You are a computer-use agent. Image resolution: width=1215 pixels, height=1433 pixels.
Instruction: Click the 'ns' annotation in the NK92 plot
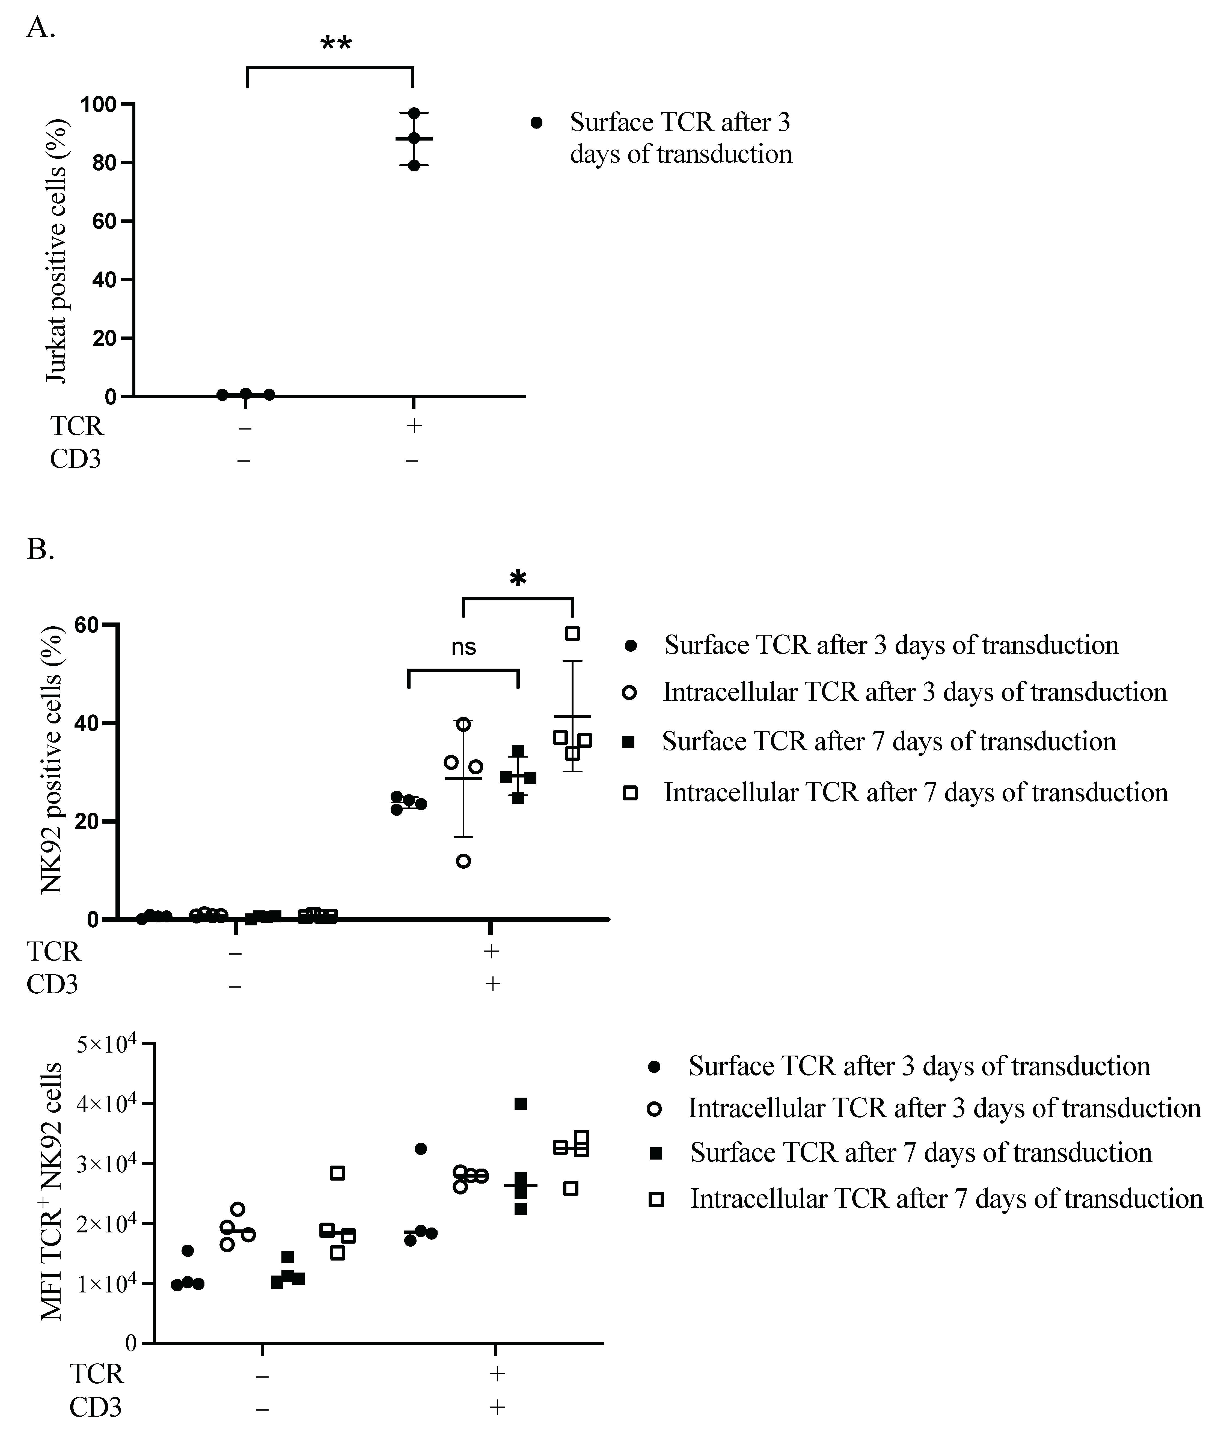[464, 647]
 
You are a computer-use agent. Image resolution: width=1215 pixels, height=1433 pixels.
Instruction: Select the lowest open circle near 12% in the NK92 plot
[464, 861]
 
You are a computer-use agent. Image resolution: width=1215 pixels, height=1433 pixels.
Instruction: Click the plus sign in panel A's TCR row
[413, 425]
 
